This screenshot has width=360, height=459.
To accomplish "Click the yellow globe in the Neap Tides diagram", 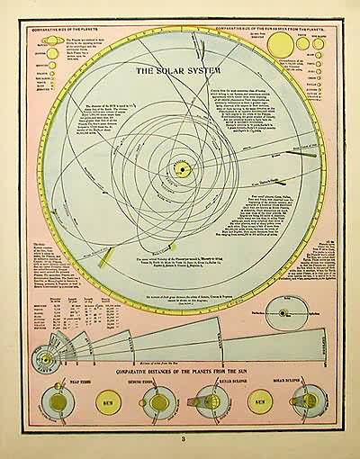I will tap(53, 403).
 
